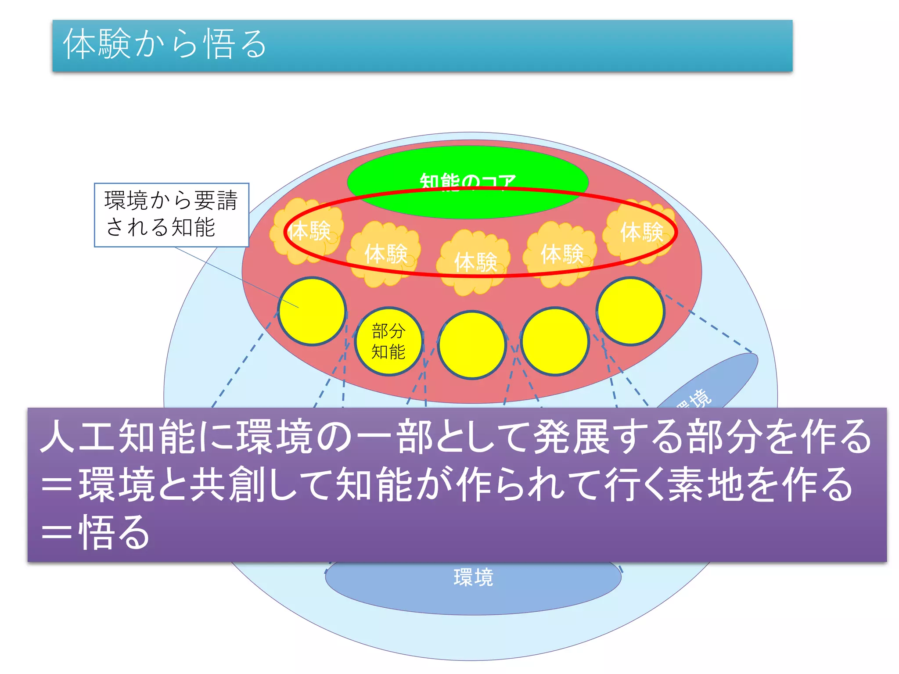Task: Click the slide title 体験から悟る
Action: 165,44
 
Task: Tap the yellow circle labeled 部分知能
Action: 388,341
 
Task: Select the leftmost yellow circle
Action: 312,311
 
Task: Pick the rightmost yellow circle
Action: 630,311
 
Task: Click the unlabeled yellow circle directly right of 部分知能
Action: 472,345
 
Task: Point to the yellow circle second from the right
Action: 555,341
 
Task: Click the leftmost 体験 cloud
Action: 307,231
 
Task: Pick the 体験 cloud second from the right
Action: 561,254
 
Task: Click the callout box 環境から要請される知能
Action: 171,215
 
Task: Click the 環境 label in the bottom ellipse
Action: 473,577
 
